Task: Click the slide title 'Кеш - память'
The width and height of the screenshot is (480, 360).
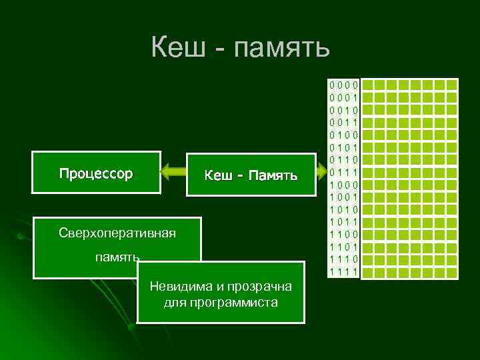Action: pyautogui.click(x=240, y=48)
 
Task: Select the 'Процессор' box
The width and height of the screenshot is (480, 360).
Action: pyautogui.click(x=96, y=174)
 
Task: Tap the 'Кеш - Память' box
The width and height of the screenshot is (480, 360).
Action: pyautogui.click(x=251, y=176)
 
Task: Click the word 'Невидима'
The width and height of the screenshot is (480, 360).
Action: pyautogui.click(x=179, y=287)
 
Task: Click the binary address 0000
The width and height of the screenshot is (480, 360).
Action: pyautogui.click(x=344, y=85)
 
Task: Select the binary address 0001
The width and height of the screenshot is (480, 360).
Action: pyautogui.click(x=344, y=97)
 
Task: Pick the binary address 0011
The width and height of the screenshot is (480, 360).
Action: pyautogui.click(x=344, y=122)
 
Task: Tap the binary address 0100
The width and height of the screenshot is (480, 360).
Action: pyautogui.click(x=344, y=135)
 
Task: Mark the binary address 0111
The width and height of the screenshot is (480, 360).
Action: pyautogui.click(x=344, y=172)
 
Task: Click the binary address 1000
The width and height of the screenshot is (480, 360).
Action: pyautogui.click(x=344, y=185)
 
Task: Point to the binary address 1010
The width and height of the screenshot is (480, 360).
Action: pyautogui.click(x=344, y=209)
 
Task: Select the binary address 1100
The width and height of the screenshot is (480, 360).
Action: pyautogui.click(x=344, y=234)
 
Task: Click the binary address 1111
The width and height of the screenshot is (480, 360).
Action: pyautogui.click(x=344, y=271)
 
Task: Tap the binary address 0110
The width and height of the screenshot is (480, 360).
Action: pyautogui.click(x=344, y=160)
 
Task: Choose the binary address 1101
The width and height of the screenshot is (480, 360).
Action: pyautogui.click(x=344, y=247)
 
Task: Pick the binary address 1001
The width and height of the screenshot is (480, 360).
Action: pyautogui.click(x=344, y=197)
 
